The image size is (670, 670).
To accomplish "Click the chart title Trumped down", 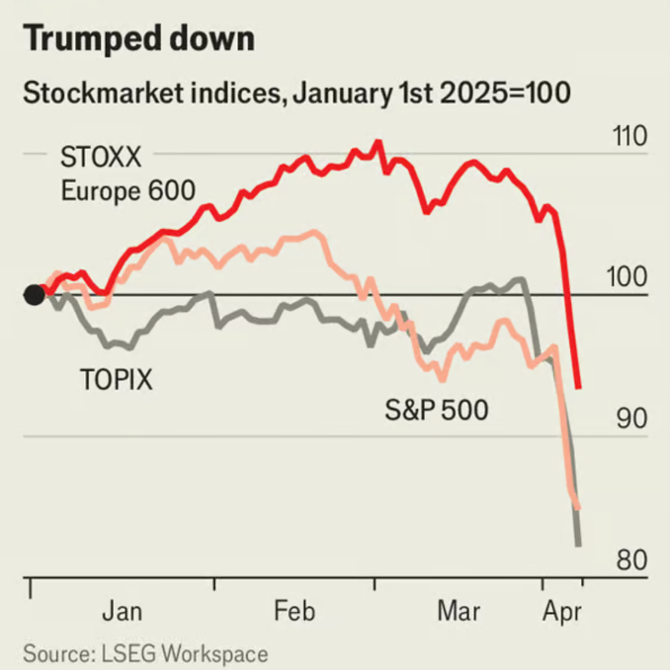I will pyautogui.click(x=139, y=40).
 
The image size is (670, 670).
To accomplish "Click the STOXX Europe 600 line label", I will pyautogui.click(x=128, y=174).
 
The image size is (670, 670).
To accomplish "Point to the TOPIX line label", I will pyautogui.click(x=116, y=379).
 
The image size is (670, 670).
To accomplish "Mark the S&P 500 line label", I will pyautogui.click(x=436, y=411).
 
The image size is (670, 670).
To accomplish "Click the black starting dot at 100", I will pyautogui.click(x=34, y=294).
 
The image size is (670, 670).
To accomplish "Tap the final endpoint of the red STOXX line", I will pyautogui.click(x=579, y=388).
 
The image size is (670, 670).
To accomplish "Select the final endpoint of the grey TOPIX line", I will pyautogui.click(x=578, y=545).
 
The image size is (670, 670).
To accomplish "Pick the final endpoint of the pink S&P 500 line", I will pyautogui.click(x=578, y=507).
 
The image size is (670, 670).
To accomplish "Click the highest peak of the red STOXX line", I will pyautogui.click(x=377, y=143).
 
